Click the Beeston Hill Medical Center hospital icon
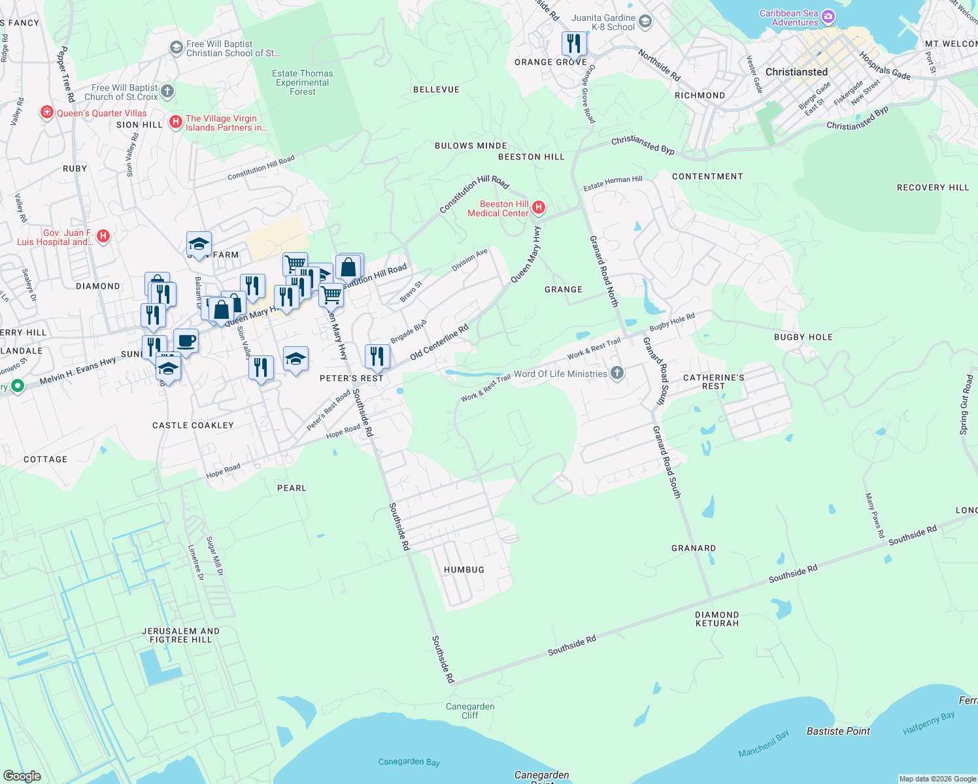(539, 208)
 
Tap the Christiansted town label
(796, 72)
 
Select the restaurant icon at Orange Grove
(573, 44)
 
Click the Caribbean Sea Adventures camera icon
(828, 17)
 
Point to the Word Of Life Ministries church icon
(616, 373)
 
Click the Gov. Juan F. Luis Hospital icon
(103, 237)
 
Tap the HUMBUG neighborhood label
(464, 570)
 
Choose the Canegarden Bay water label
(409, 762)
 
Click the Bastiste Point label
(838, 731)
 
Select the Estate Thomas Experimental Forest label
(303, 82)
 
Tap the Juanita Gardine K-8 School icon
(645, 22)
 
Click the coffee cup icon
(186, 340)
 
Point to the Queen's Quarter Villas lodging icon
(46, 113)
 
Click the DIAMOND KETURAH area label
(717, 619)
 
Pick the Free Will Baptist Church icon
(167, 91)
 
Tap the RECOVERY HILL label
(932, 188)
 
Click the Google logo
(22, 776)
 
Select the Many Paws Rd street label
(875, 515)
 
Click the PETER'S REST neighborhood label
(351, 378)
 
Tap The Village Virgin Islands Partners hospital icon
(175, 122)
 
